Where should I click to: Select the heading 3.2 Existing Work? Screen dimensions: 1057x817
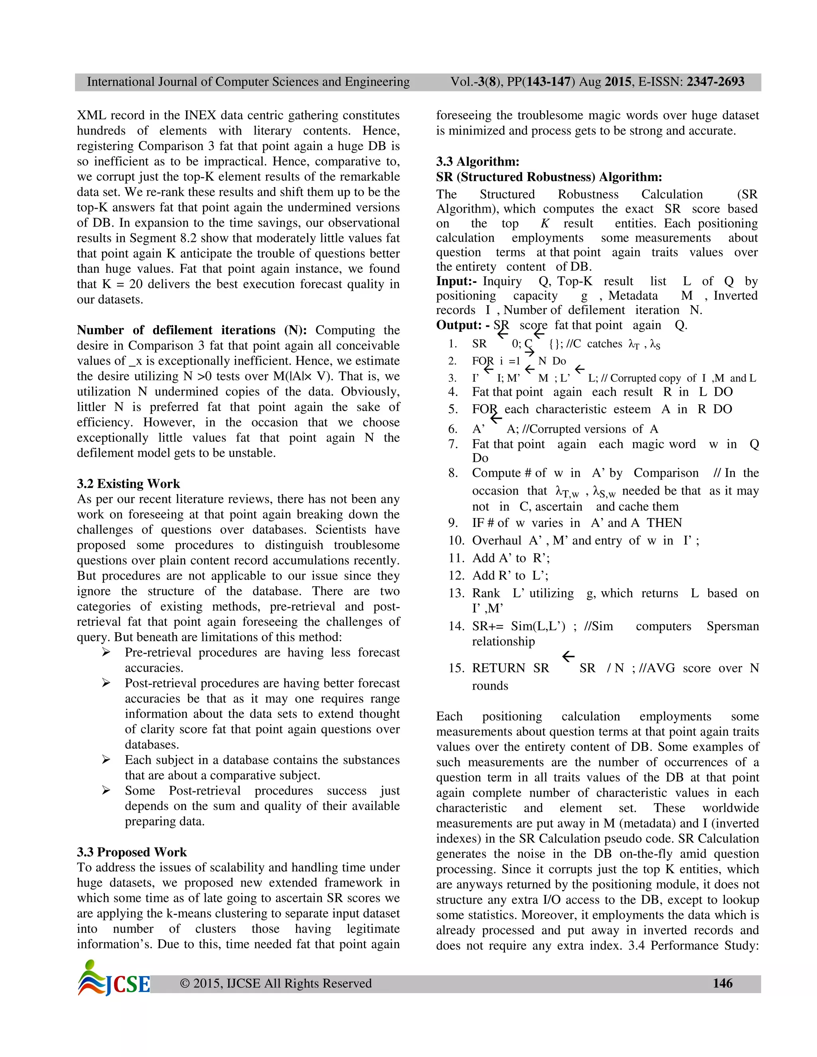128,483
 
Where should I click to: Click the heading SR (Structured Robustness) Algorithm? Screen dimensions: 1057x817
549,177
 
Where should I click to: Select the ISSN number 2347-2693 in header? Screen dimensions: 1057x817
715,82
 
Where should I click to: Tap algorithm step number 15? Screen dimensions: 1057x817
456,668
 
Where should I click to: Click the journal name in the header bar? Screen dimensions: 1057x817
248,82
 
